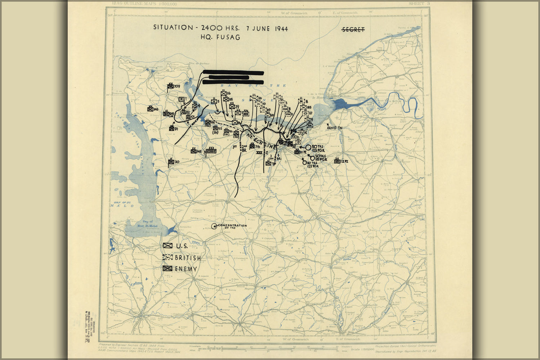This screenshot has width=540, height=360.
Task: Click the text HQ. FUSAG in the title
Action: click(x=220, y=37)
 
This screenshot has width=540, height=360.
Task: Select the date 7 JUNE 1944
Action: click(x=267, y=28)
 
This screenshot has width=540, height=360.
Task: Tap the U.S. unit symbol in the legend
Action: click(x=167, y=246)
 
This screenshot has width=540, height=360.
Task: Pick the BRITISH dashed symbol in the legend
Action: click(x=167, y=257)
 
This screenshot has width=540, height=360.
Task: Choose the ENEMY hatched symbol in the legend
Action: click(x=167, y=269)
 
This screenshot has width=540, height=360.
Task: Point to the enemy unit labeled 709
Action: click(x=170, y=86)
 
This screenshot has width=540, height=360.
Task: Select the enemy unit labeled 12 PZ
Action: click(x=337, y=161)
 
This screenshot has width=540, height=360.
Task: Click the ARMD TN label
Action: click(x=334, y=128)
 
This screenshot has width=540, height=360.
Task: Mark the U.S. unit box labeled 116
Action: click(x=224, y=94)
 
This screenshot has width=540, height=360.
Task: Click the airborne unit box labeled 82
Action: click(x=183, y=112)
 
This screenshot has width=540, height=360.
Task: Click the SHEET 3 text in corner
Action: click(x=419, y=4)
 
